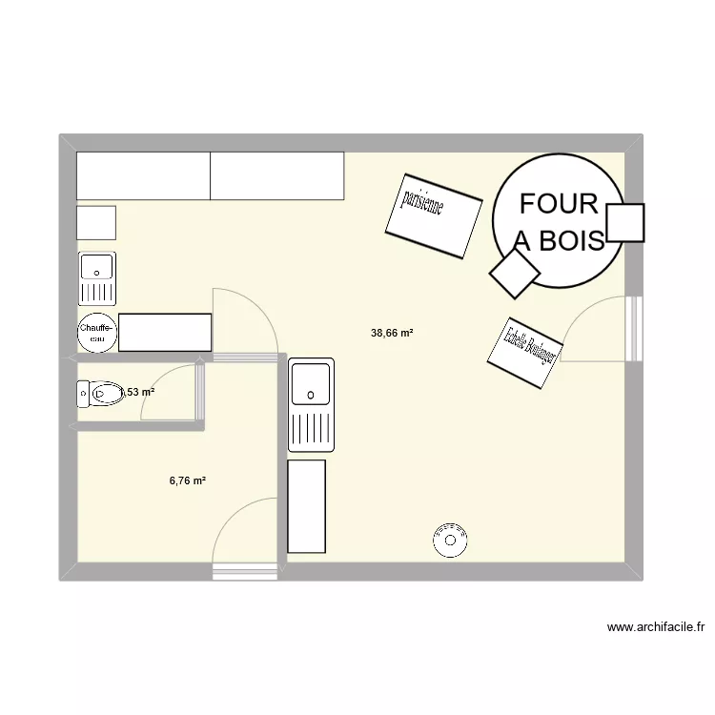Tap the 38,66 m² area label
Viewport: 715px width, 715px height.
pos(392,334)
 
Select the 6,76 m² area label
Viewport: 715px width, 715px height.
pos(188,480)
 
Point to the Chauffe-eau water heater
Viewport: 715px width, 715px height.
pos(96,333)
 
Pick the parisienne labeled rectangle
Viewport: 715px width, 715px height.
pos(433,214)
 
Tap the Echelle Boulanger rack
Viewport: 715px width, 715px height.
pos(523,352)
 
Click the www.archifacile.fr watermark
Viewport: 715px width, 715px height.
pos(655,627)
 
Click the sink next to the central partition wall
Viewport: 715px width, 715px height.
pos(312,404)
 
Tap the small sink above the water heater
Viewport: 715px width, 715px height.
pos(96,277)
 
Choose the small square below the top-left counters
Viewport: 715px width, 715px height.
pos(96,223)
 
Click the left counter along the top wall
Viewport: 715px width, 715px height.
pos(143,175)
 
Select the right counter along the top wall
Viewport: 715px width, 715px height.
pos(276,175)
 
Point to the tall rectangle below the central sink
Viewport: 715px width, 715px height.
pos(306,505)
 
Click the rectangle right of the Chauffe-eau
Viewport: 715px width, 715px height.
pos(164,333)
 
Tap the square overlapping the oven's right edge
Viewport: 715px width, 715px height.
pos(625,223)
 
